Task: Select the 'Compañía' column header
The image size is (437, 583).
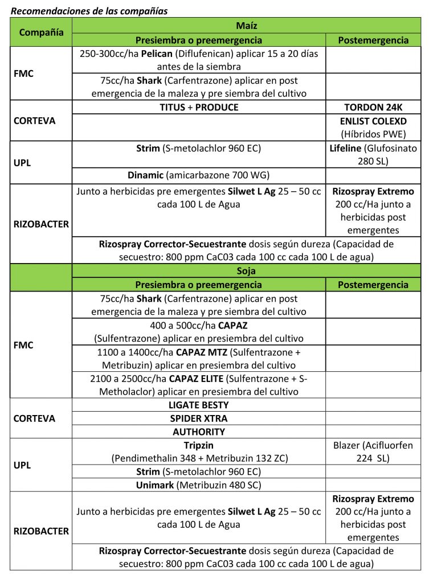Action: click(x=42, y=32)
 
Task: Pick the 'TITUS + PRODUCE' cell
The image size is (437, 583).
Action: click(x=199, y=107)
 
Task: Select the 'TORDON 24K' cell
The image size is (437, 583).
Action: click(x=373, y=107)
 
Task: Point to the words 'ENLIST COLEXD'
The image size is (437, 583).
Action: click(x=373, y=121)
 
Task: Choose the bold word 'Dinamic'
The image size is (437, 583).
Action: click(x=146, y=175)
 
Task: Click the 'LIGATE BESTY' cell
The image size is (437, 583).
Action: click(x=199, y=405)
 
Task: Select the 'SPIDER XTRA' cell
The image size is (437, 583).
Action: click(x=199, y=418)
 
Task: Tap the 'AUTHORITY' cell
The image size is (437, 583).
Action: click(x=199, y=432)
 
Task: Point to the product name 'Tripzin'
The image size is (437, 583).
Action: click(x=199, y=445)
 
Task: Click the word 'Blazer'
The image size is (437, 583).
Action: click(x=347, y=445)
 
